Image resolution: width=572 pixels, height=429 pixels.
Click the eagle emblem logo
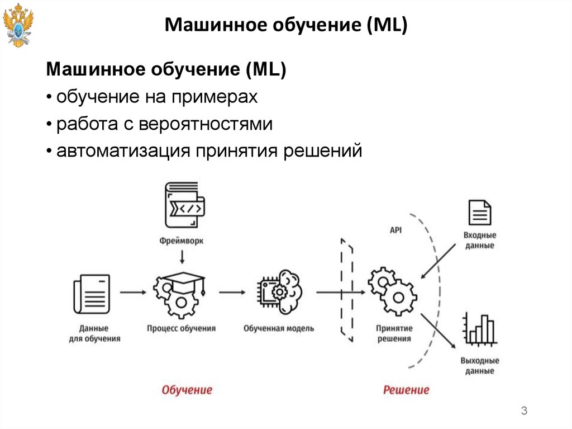(x=18, y=25)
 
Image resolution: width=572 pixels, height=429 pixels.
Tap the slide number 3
(x=524, y=412)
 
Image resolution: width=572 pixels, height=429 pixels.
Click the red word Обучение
(x=187, y=390)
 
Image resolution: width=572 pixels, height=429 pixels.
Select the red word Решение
(x=406, y=390)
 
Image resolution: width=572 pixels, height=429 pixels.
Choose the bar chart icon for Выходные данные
(x=479, y=331)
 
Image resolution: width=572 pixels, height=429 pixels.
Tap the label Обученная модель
(x=279, y=329)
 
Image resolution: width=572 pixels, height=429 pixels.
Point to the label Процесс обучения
(x=182, y=329)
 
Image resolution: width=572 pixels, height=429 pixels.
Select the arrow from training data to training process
(x=132, y=291)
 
